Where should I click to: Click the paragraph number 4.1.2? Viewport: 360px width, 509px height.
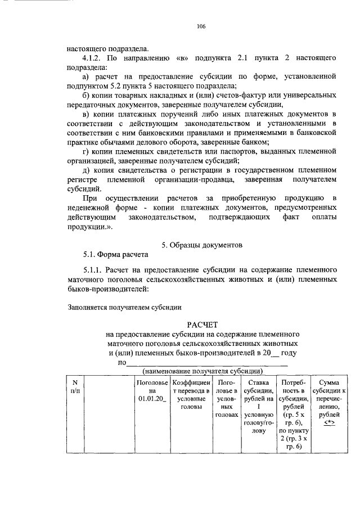[93, 58]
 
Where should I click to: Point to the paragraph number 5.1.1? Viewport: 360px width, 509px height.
[94, 270]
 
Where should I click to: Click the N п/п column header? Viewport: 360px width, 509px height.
[75, 386]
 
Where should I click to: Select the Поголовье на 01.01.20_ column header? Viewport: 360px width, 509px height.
[148, 390]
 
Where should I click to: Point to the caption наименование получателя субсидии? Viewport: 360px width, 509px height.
[202, 371]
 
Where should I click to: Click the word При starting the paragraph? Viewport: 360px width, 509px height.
[90, 199]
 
